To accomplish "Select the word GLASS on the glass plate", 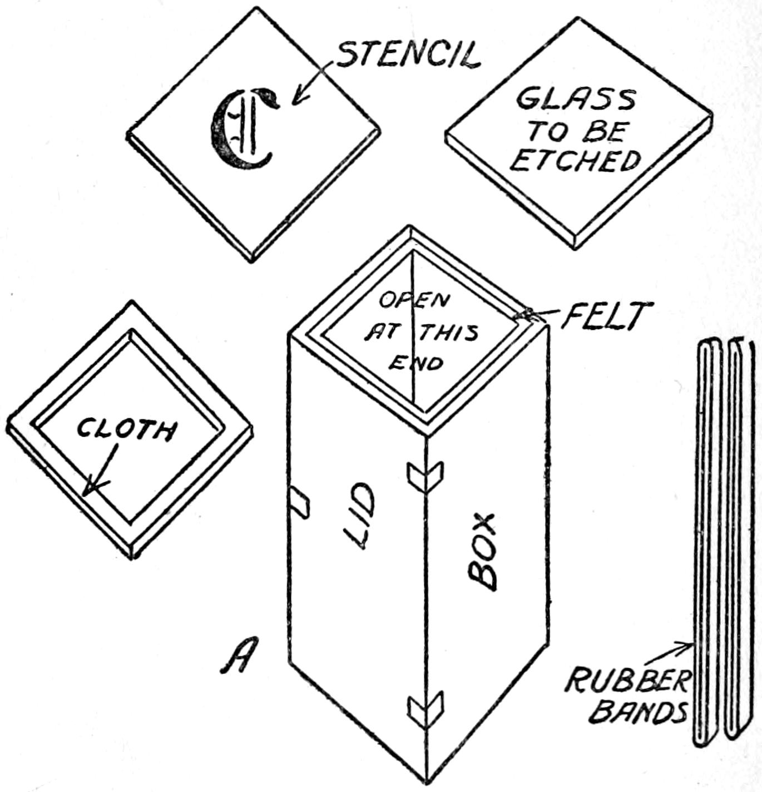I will (x=575, y=100).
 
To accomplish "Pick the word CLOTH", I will (x=127, y=429).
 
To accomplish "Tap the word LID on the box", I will (x=359, y=516).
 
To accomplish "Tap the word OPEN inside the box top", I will (x=414, y=300).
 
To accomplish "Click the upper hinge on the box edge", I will (x=426, y=476).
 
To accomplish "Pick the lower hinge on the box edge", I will (x=426, y=709).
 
